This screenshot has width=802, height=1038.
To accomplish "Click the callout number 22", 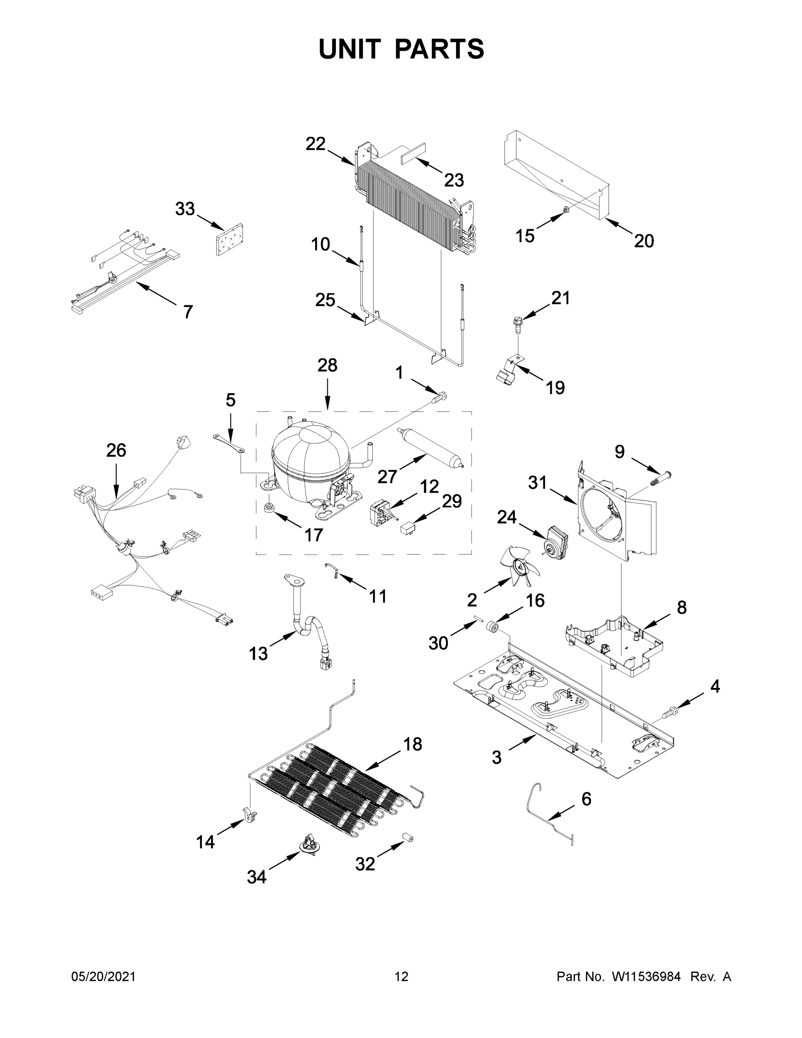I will (315, 144).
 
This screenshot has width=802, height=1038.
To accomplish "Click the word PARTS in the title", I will (439, 49).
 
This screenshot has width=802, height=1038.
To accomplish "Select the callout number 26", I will (116, 450).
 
